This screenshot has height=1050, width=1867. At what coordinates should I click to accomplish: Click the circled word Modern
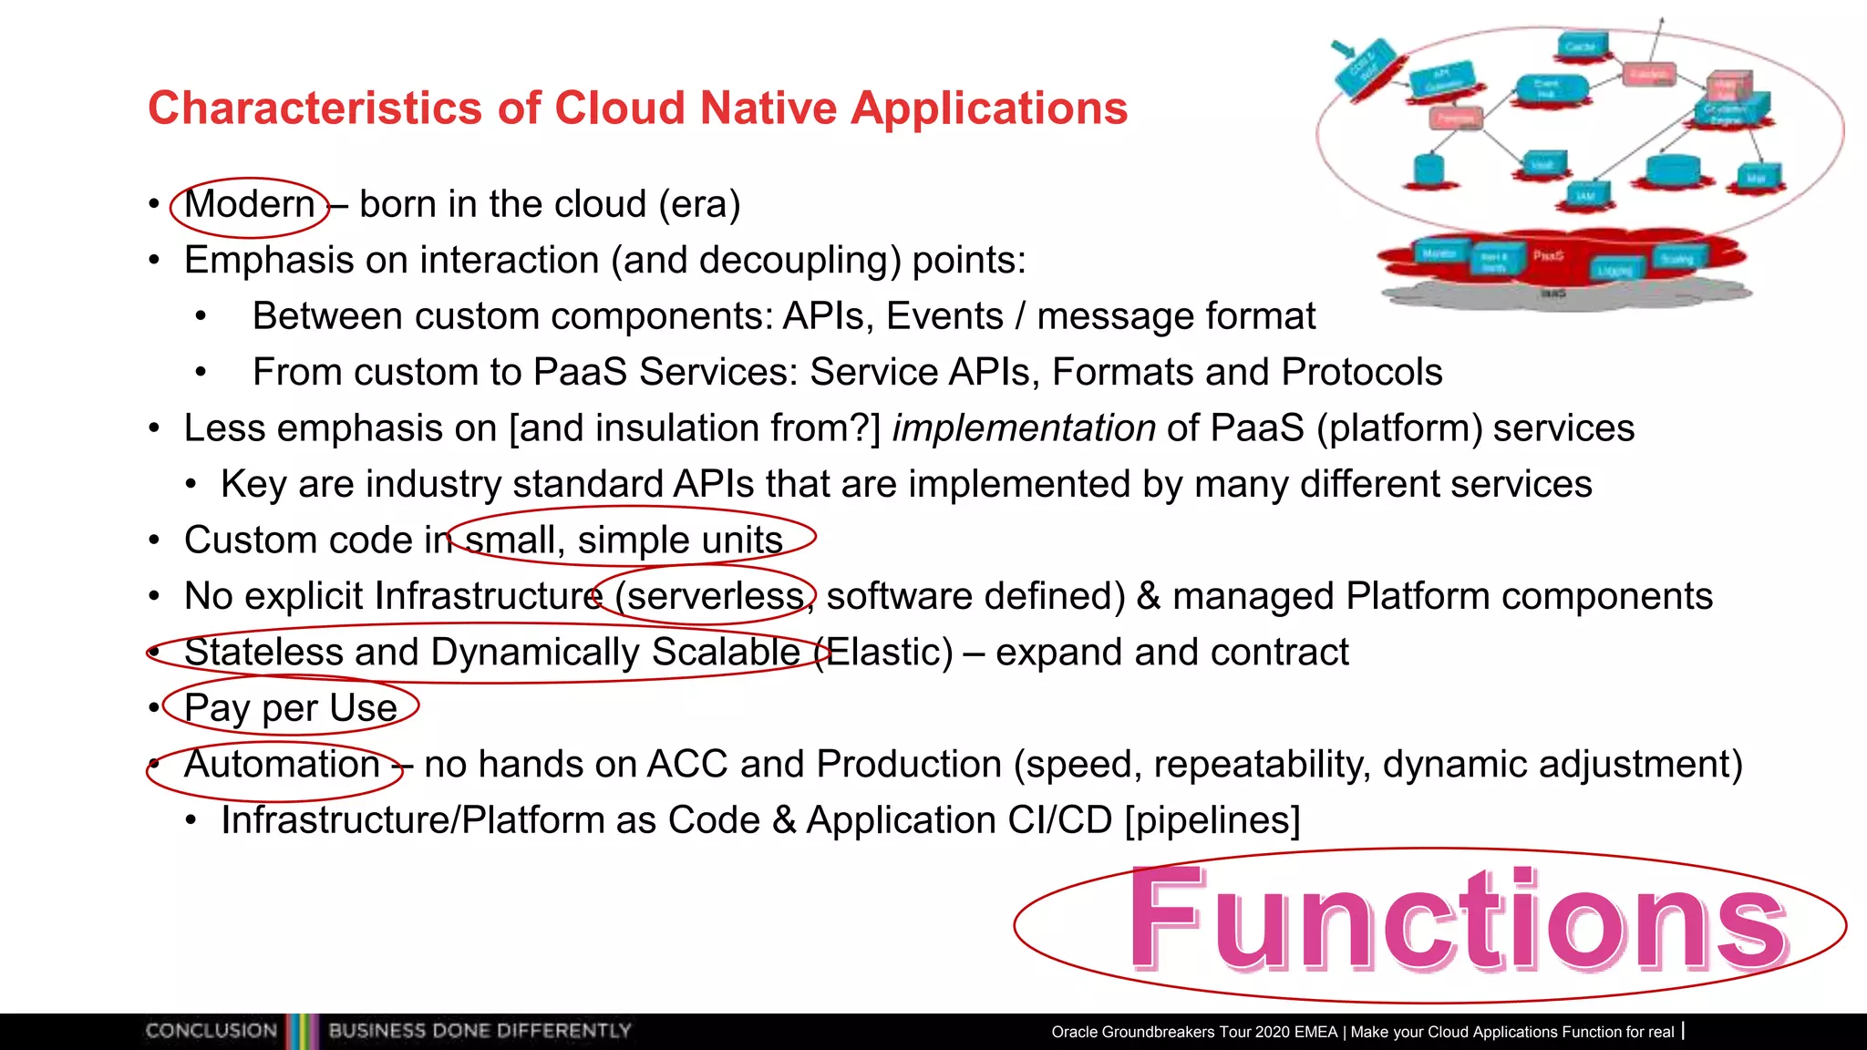point(249,204)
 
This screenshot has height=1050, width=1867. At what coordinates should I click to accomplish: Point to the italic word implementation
point(1023,428)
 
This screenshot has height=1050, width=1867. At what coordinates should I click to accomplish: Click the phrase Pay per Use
point(290,708)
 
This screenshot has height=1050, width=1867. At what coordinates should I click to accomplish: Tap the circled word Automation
point(281,764)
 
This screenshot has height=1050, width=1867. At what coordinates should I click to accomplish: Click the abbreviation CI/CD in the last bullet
point(1059,820)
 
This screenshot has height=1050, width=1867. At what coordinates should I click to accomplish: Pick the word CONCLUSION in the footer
point(211,1031)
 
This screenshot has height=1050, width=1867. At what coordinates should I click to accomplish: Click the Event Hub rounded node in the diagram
point(1550,89)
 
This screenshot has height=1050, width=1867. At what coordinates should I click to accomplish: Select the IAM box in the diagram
point(1587,194)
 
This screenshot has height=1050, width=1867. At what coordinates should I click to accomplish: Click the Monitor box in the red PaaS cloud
point(1439,253)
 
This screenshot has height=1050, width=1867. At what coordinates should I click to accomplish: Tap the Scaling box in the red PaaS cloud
point(1676,259)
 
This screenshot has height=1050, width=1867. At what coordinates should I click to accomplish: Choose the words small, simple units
point(624,540)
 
